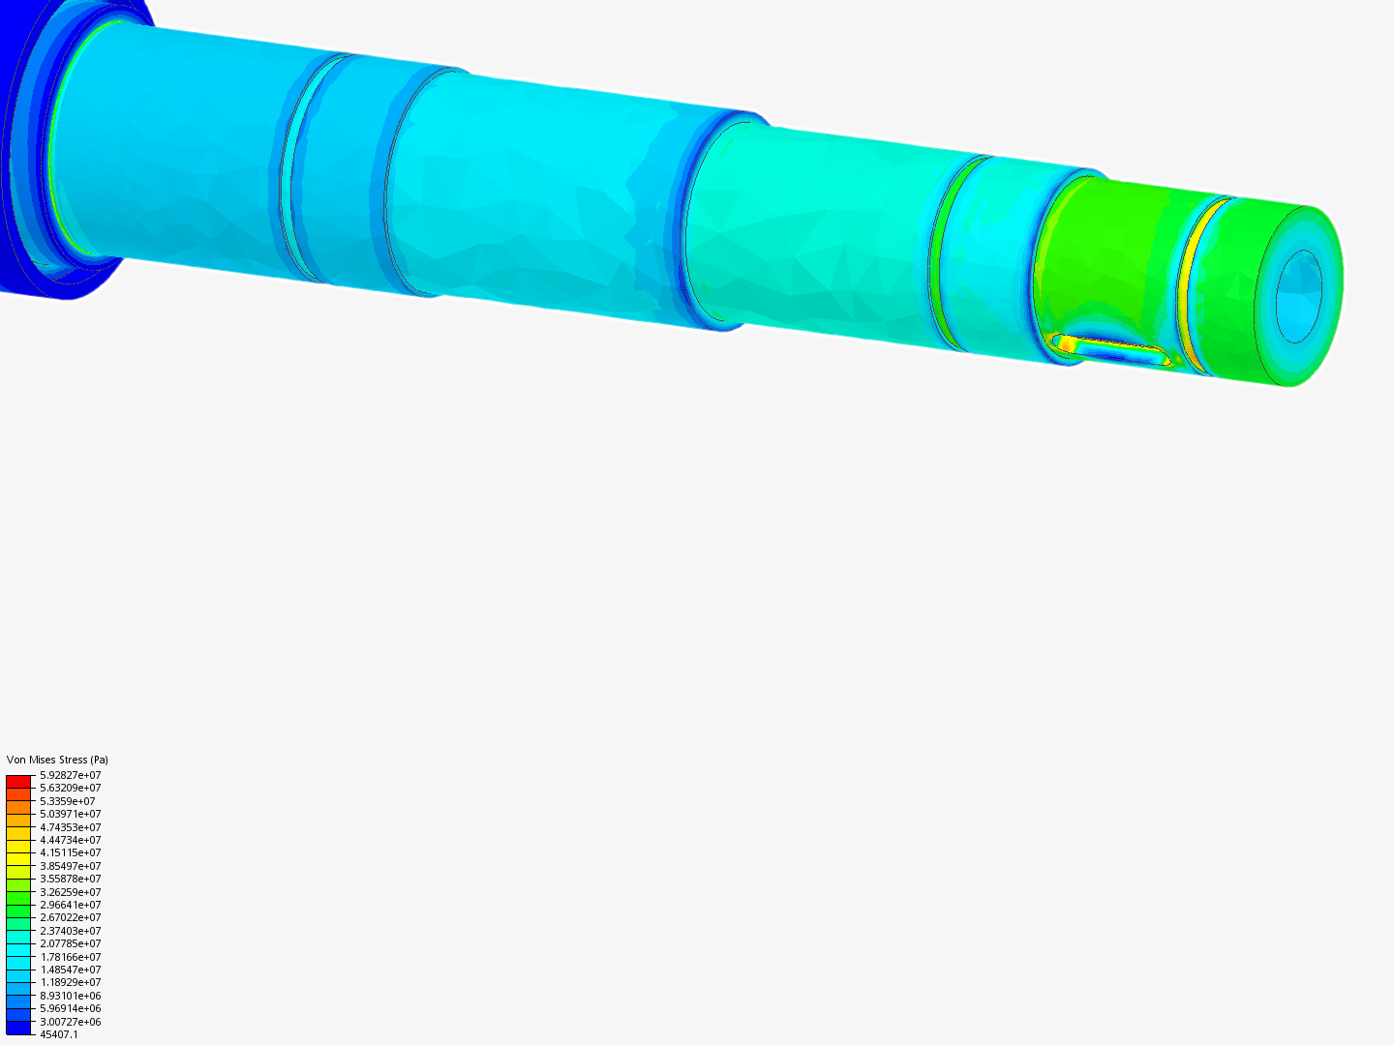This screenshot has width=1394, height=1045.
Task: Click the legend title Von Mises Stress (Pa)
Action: point(57,760)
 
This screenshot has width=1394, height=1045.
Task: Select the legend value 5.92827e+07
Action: point(70,775)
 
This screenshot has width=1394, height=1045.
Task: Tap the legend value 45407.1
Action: point(58,1034)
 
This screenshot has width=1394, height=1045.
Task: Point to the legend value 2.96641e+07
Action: point(70,905)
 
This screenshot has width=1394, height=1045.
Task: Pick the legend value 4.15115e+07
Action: point(70,852)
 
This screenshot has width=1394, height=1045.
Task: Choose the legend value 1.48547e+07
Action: point(70,970)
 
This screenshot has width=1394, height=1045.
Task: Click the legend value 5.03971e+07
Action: point(70,814)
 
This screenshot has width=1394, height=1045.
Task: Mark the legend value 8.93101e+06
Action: point(70,996)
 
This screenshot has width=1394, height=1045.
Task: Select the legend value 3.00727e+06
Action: point(70,1022)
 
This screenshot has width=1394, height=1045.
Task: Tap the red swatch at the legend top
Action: point(18,781)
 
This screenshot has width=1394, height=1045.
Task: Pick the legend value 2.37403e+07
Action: point(70,931)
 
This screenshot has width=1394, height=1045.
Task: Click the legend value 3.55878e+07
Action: point(70,879)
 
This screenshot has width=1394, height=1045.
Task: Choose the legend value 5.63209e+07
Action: point(70,788)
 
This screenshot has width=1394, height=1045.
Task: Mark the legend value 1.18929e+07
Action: point(70,982)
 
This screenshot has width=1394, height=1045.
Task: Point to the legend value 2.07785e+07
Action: point(70,943)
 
